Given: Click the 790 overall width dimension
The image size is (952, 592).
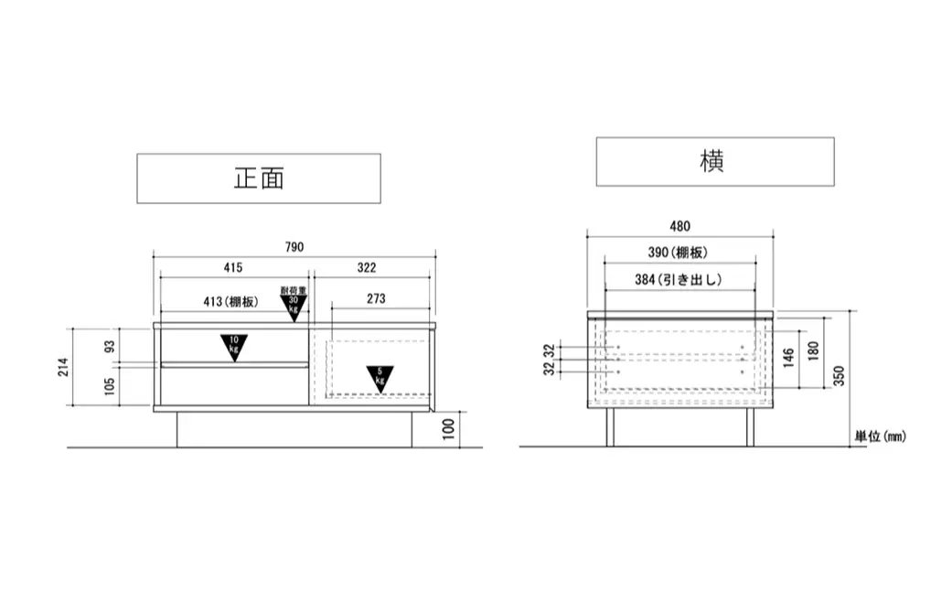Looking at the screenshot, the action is tap(294, 247).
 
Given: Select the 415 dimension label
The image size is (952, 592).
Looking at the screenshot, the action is tap(233, 268).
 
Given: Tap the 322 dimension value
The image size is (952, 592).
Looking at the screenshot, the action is tap(367, 268).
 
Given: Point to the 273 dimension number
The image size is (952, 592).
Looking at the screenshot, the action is tap(376, 298).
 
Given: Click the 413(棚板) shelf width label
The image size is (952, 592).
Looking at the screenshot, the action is tap(230, 302).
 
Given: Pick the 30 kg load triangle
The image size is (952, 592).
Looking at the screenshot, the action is tap(294, 307).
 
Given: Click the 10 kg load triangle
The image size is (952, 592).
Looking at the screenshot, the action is tap(234, 348).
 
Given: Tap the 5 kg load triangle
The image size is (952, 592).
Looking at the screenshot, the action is tap(380, 379).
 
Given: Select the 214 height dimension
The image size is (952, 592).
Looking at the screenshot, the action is tap(63, 367).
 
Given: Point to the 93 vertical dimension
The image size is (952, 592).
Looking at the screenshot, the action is tap(110, 347).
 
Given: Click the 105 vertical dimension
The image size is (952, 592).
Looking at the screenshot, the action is tap(110, 386).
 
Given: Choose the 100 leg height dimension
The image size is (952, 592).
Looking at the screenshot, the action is tap(449, 429).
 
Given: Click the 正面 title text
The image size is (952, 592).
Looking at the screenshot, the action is tap(259, 178).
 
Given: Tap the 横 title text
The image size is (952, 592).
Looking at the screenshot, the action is tap(711, 162).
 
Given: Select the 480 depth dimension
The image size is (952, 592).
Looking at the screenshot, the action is tap(680, 227).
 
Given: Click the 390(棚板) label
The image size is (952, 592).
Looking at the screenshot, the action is tap(678, 253).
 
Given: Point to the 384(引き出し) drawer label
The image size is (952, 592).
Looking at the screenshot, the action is tap(679, 280).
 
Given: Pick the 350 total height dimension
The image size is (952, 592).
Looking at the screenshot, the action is tap(839, 376).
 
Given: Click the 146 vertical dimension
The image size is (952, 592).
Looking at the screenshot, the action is tap(788, 358).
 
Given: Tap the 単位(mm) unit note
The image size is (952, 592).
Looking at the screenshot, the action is tap(881, 436).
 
